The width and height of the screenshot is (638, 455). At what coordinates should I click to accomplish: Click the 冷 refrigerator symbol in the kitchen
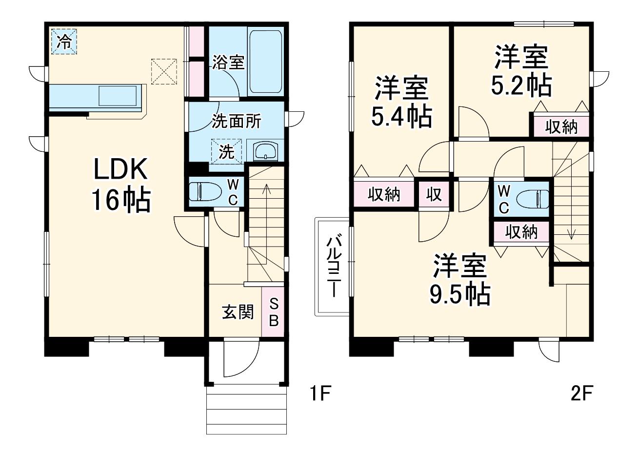click(64, 41)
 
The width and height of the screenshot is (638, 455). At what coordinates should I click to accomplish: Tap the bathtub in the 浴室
click(265, 61)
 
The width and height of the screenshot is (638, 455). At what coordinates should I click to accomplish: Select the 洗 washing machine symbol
click(226, 151)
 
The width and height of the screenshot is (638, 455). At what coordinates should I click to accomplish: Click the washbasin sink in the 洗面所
click(265, 151)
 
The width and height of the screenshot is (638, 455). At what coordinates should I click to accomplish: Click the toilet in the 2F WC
click(533, 199)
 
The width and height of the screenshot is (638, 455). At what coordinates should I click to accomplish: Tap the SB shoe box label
click(274, 312)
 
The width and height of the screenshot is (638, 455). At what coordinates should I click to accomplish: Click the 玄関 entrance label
click(238, 312)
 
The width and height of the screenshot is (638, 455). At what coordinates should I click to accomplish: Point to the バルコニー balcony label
click(333, 267)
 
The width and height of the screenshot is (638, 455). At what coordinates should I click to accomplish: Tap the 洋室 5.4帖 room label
click(401, 102)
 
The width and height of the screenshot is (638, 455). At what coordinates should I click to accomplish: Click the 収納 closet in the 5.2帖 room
click(561, 126)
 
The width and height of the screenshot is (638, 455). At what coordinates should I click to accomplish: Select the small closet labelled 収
click(434, 194)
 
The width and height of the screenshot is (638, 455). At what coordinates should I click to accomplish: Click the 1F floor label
click(320, 393)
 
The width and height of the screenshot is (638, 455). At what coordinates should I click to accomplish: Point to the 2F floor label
click(582, 393)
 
